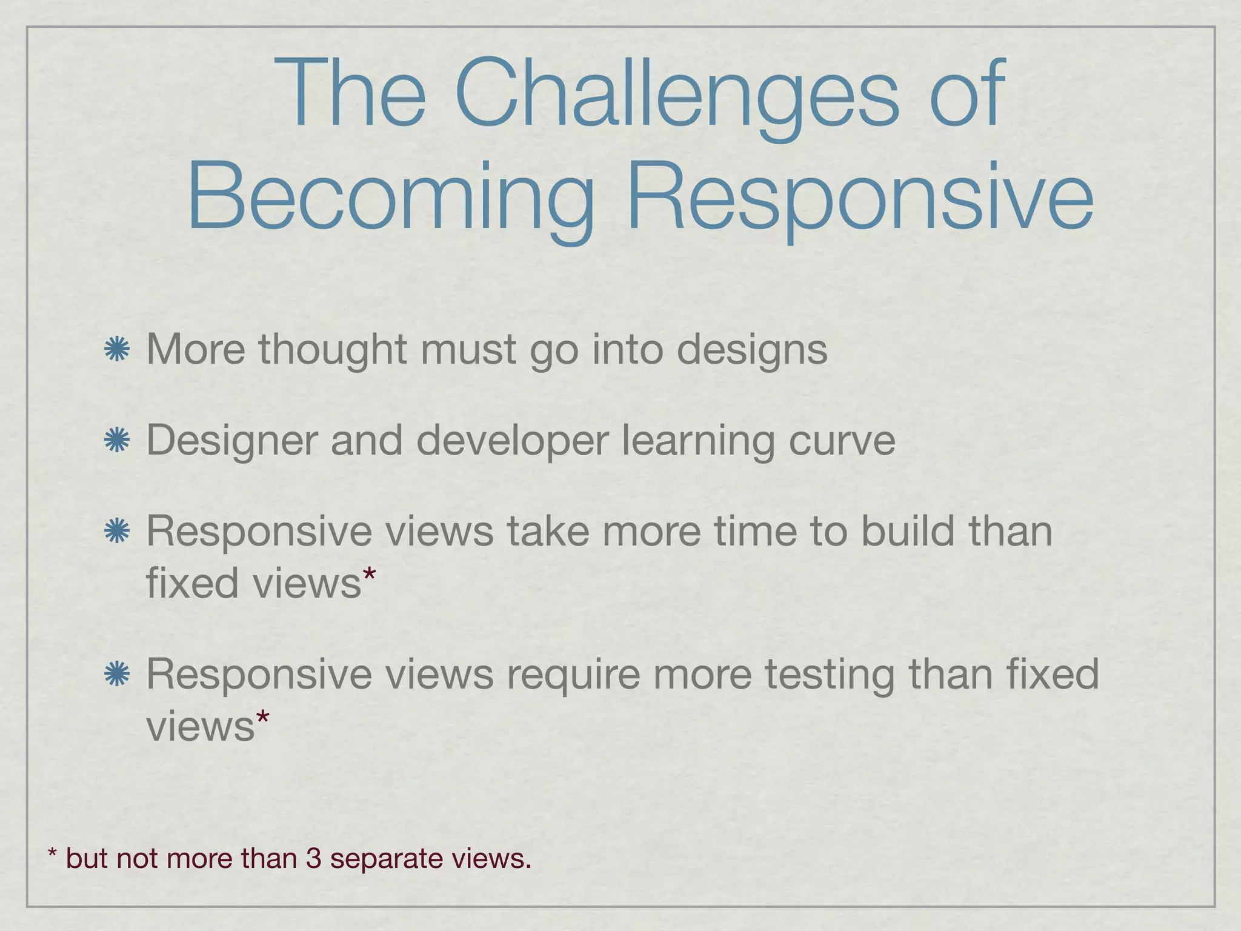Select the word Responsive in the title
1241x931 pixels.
tap(860, 197)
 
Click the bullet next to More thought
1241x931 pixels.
tap(117, 350)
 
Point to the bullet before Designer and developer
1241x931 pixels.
tap(117, 441)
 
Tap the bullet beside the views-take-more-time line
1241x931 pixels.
tap(117, 532)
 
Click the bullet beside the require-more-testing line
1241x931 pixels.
tap(117, 675)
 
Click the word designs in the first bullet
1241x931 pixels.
tap(751, 350)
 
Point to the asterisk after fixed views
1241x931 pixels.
tap(369, 576)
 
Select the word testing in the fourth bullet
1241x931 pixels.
tap(829, 675)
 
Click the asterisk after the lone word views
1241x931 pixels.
tap(262, 719)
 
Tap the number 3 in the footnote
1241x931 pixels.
tap(313, 858)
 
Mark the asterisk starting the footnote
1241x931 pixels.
tap(53, 855)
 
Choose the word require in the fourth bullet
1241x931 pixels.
tap(573, 675)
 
